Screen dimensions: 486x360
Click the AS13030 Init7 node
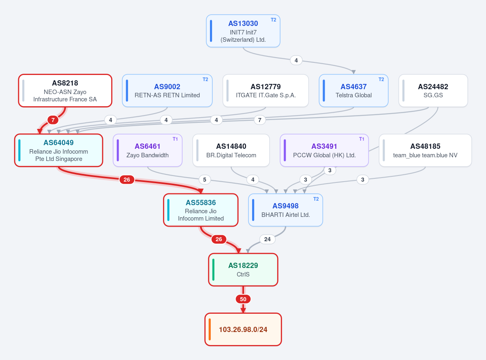(243, 31)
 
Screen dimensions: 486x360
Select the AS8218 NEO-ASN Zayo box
(65, 90)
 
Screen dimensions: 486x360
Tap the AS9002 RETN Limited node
(167, 90)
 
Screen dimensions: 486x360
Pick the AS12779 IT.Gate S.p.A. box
(265, 90)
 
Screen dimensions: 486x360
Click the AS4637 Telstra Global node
(353, 90)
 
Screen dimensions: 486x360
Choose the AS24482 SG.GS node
(433, 90)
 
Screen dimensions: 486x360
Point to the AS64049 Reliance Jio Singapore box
(59, 150)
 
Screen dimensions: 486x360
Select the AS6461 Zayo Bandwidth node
(148, 150)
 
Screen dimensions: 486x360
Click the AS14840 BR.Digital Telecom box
(231, 150)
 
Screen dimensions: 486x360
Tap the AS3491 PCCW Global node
(324, 150)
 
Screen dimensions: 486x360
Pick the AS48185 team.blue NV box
(425, 150)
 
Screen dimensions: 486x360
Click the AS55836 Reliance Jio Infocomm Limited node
(201, 210)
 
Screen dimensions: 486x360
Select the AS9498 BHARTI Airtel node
(285, 210)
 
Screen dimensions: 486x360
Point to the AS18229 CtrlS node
(243, 270)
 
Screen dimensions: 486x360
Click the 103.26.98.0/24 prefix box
(243, 329)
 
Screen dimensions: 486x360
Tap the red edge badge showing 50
(243, 299)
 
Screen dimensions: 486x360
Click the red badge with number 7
(53, 120)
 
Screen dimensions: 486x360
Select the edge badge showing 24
(268, 239)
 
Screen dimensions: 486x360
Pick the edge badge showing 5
(205, 180)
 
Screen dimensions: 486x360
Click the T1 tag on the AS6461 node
(175, 139)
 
